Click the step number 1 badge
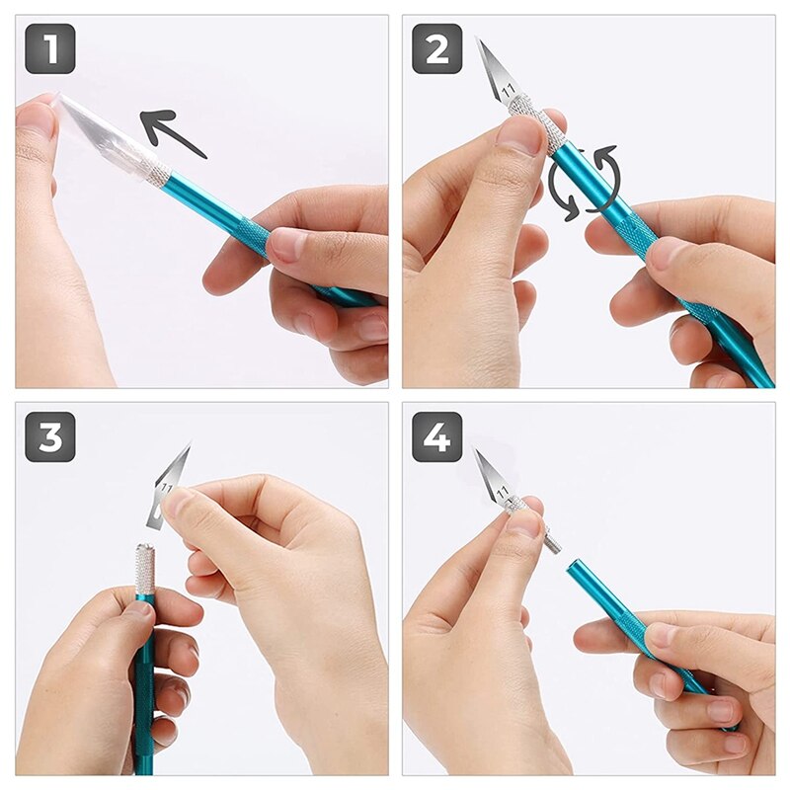click(x=49, y=48)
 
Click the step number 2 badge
click(x=436, y=48)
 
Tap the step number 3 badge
click(x=49, y=436)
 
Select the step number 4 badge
click(x=436, y=436)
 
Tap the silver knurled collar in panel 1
click(x=153, y=173)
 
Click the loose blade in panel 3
click(x=170, y=484)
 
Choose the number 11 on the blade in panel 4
click(x=503, y=491)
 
